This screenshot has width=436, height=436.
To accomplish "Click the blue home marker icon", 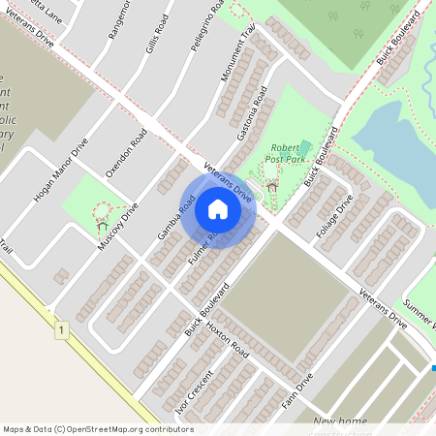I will [x=218, y=209].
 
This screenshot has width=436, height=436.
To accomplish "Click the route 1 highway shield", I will [x=61, y=331].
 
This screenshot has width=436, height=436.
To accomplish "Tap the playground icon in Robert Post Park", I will [x=272, y=182].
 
